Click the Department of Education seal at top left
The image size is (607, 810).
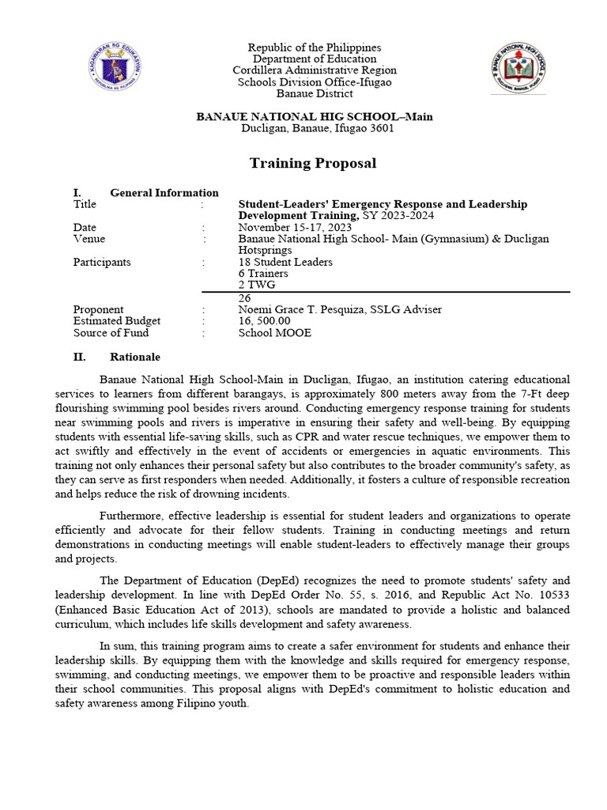click(115, 69)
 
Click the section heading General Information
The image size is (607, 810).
click(164, 192)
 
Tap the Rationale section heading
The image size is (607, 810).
click(135, 357)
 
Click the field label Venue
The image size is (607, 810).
click(89, 239)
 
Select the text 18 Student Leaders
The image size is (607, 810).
click(285, 262)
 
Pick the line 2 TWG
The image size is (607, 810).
click(258, 285)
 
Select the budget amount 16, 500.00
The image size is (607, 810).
click(265, 321)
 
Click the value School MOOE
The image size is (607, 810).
click(275, 333)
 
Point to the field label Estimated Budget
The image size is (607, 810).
click(116, 321)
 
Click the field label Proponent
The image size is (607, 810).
click(98, 309)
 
